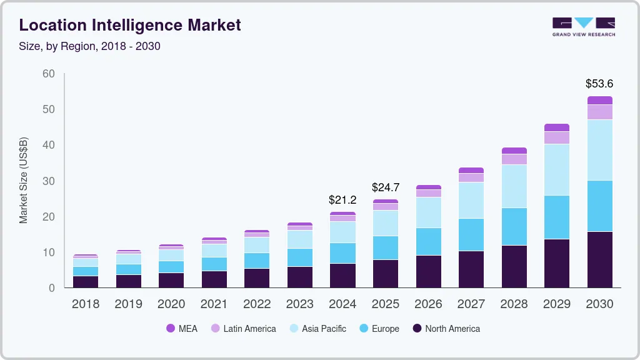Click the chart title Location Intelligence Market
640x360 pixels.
click(x=130, y=25)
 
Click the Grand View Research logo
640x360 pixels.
click(x=583, y=26)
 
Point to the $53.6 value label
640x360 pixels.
click(x=599, y=83)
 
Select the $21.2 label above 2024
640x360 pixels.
click(x=342, y=200)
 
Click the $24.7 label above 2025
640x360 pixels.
click(x=385, y=187)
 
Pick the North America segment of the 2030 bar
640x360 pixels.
click(x=599, y=259)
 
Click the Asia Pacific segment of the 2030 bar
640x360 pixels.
click(x=599, y=150)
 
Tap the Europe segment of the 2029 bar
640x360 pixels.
click(x=556, y=217)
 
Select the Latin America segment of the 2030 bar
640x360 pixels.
click(x=599, y=112)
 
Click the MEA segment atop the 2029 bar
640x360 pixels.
click(x=556, y=127)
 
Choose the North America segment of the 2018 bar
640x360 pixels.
click(x=86, y=281)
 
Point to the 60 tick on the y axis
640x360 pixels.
click(x=48, y=74)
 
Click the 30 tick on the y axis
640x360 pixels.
click(x=48, y=181)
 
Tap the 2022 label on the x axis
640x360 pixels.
click(x=257, y=304)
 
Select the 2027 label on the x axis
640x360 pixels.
click(x=471, y=304)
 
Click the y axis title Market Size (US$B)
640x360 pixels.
click(x=24, y=181)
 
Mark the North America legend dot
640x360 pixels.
click(x=417, y=329)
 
